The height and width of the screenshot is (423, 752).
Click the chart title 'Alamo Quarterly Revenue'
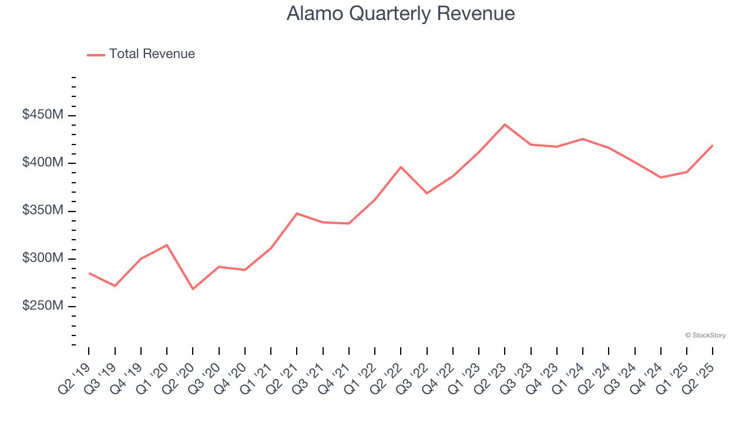[401, 14]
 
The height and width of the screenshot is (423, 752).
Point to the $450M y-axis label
[43, 115]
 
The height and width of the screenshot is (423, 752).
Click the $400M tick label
[43, 163]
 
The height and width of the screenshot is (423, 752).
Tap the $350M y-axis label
[43, 211]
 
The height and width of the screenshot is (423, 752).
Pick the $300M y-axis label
[43, 258]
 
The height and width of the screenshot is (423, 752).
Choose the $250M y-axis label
[43, 307]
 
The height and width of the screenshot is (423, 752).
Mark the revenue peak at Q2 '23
[505, 125]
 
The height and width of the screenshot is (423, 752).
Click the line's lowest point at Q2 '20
[193, 289]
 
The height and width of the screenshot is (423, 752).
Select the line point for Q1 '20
[167, 245]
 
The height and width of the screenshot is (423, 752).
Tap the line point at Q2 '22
[401, 167]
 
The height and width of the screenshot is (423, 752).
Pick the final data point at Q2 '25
[713, 145]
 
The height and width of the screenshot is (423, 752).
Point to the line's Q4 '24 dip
[661, 177]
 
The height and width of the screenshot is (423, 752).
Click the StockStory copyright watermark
[705, 335]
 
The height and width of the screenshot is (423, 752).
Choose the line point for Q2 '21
[297, 213]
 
